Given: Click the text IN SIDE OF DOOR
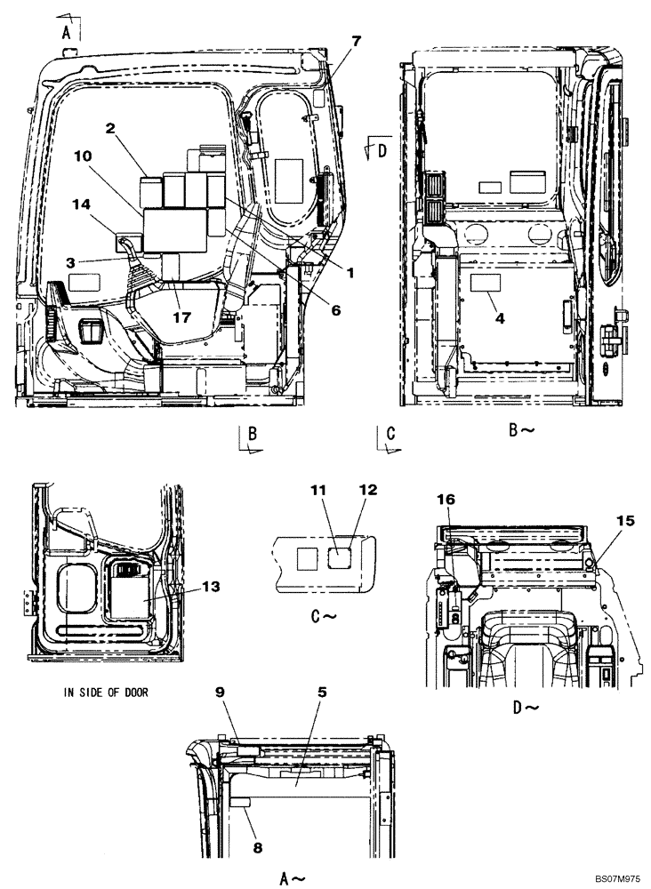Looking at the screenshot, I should point(107,692).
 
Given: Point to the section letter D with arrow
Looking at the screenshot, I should point(382,150).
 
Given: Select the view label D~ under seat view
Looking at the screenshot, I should point(526,708).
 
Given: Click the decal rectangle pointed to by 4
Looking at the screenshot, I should point(486,284).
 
